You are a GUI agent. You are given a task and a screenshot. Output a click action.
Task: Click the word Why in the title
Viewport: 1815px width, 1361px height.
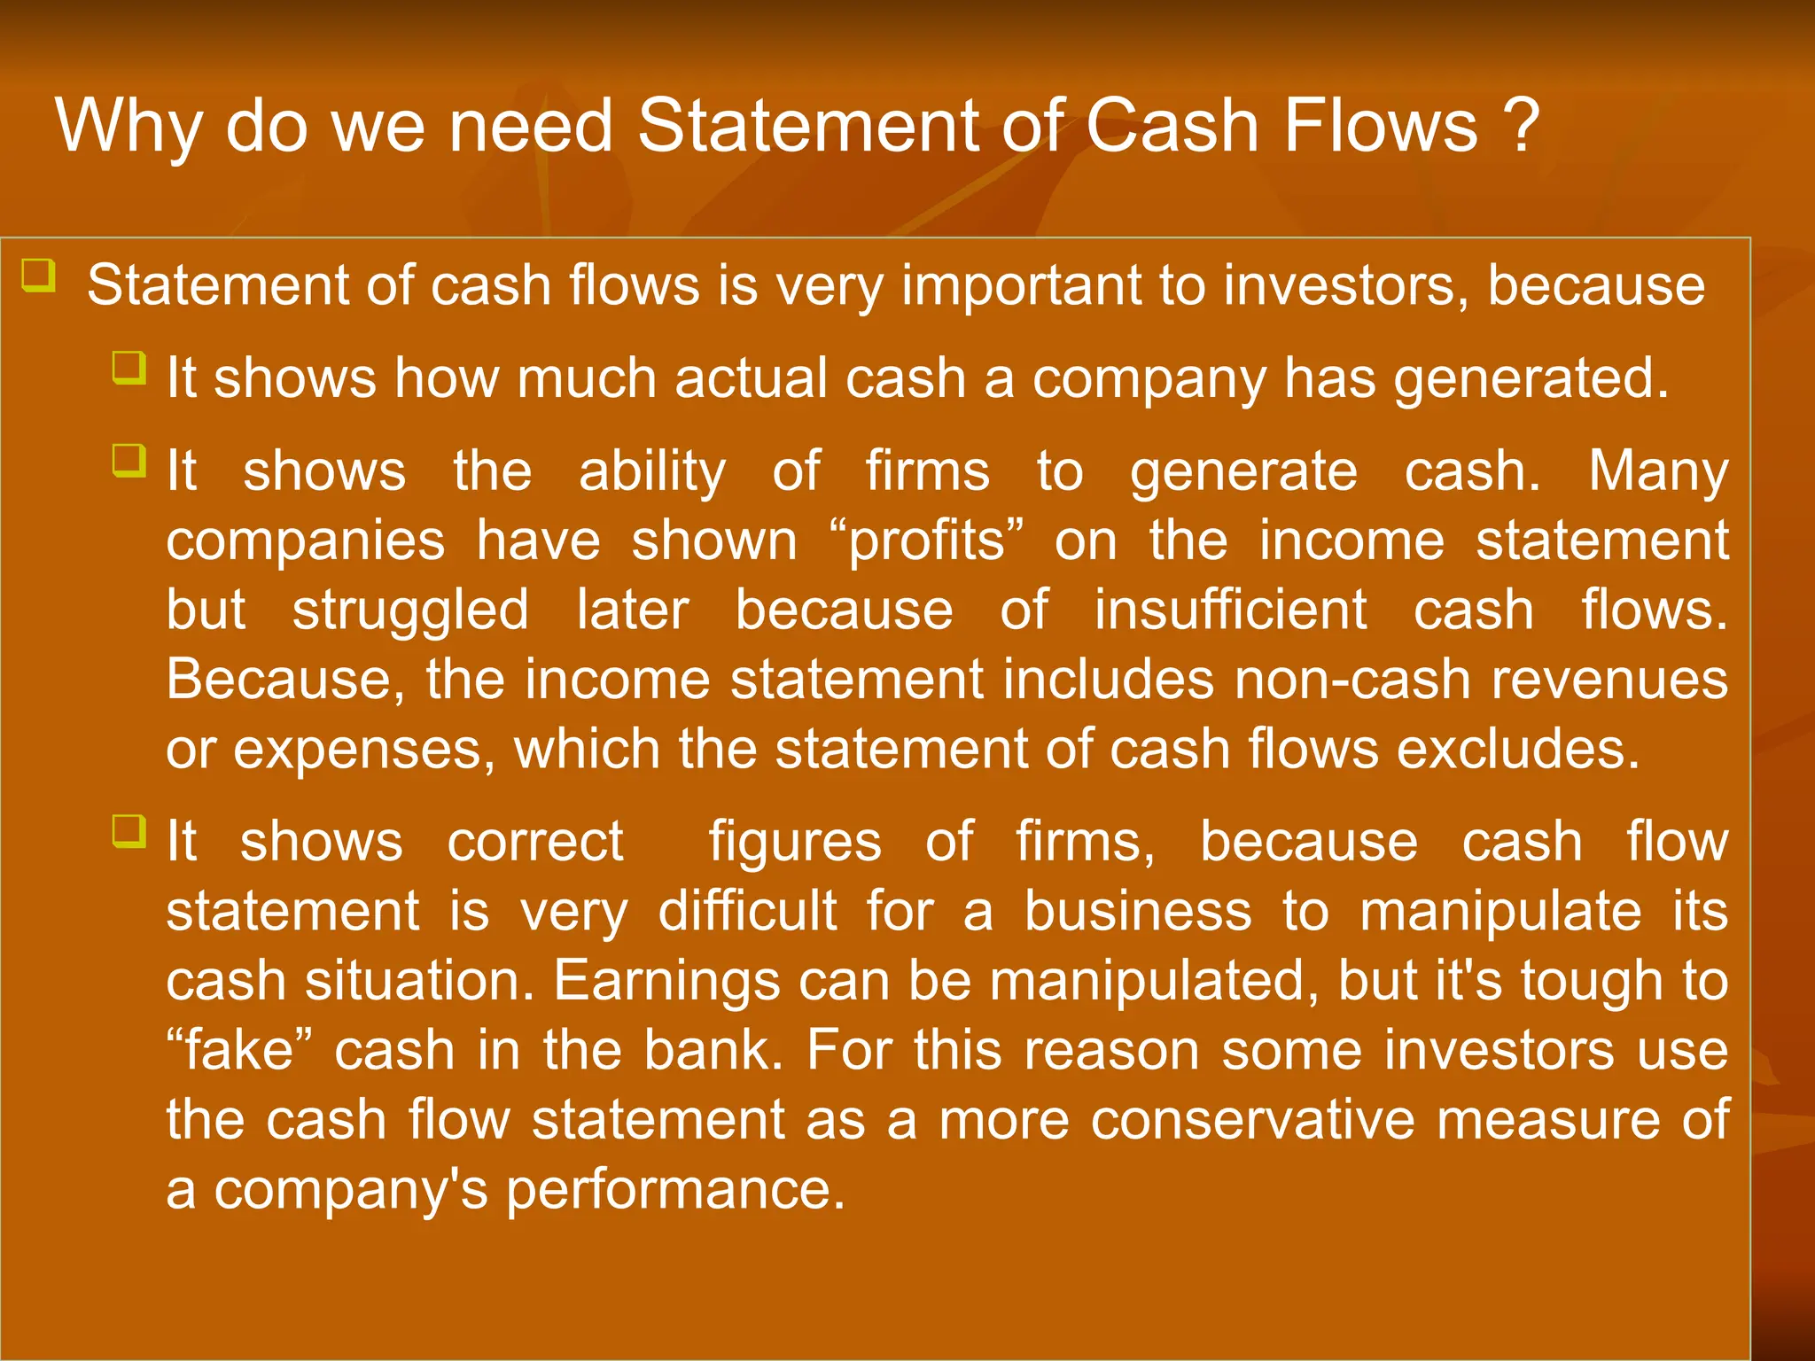pos(129,127)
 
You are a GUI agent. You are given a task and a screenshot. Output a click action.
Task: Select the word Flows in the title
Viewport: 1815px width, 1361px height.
pos(1380,126)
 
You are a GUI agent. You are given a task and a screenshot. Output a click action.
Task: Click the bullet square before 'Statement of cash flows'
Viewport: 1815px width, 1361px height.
pos(39,276)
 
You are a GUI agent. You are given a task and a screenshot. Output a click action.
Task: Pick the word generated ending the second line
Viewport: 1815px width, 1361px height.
pos(1531,379)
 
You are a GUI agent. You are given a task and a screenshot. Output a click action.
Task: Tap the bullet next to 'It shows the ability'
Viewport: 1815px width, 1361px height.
pos(129,461)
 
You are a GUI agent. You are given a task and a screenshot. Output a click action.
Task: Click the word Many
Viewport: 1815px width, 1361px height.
pos(1657,471)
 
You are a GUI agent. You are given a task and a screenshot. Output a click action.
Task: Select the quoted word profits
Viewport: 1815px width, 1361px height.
pos(927,541)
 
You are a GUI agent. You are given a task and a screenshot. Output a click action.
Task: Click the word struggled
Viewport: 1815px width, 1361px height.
pos(410,611)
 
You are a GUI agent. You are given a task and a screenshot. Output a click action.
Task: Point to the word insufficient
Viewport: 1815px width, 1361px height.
pos(1230,611)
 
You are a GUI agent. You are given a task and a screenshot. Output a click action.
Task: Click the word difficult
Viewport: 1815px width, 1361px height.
pos(747,912)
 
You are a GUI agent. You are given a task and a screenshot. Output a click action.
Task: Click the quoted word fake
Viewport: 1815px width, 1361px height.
pos(238,1051)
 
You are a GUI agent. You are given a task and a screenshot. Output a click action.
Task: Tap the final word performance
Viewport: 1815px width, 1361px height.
pos(675,1190)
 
